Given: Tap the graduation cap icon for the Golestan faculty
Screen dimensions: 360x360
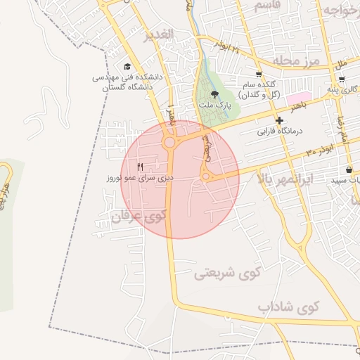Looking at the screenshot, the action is [127, 67].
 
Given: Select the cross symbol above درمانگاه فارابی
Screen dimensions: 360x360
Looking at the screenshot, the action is [279, 121].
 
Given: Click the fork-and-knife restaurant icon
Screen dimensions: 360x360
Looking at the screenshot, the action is [139, 167].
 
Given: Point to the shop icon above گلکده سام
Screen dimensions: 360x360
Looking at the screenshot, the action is [259, 74].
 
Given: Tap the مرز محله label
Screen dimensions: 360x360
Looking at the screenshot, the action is [296, 62].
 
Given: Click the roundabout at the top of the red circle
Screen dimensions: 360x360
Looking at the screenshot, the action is [169, 143].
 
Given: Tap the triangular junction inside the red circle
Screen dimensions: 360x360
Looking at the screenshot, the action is [207, 176].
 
